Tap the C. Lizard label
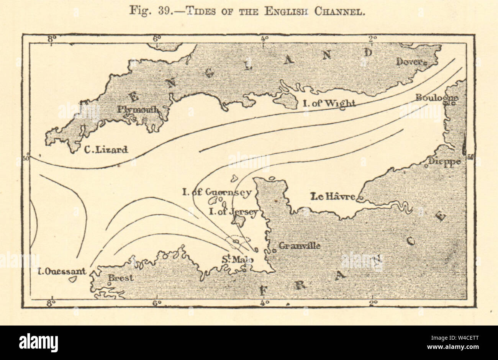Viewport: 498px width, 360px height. point(106,150)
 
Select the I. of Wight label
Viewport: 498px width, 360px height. point(329,103)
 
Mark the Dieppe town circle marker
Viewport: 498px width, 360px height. point(426,166)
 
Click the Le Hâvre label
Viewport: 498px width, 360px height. point(332,197)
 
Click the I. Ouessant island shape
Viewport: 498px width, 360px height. point(72,280)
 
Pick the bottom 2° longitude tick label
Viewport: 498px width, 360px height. point(372,303)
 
